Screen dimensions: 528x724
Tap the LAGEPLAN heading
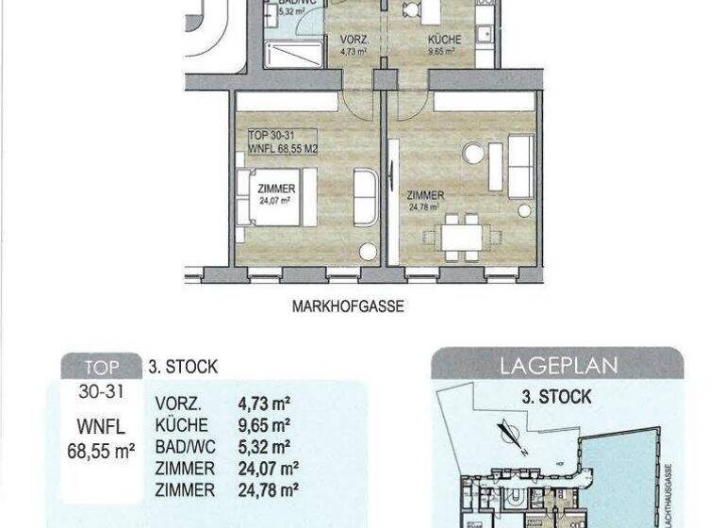[556, 364]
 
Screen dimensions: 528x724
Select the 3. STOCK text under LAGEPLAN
[556, 397]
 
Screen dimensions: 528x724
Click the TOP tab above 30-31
[101, 368]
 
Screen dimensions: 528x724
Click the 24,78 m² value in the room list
[268, 489]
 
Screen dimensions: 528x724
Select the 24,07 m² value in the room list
[268, 469]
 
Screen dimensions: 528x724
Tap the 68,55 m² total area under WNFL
[101, 451]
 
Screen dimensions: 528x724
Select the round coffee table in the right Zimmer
[472, 154]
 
